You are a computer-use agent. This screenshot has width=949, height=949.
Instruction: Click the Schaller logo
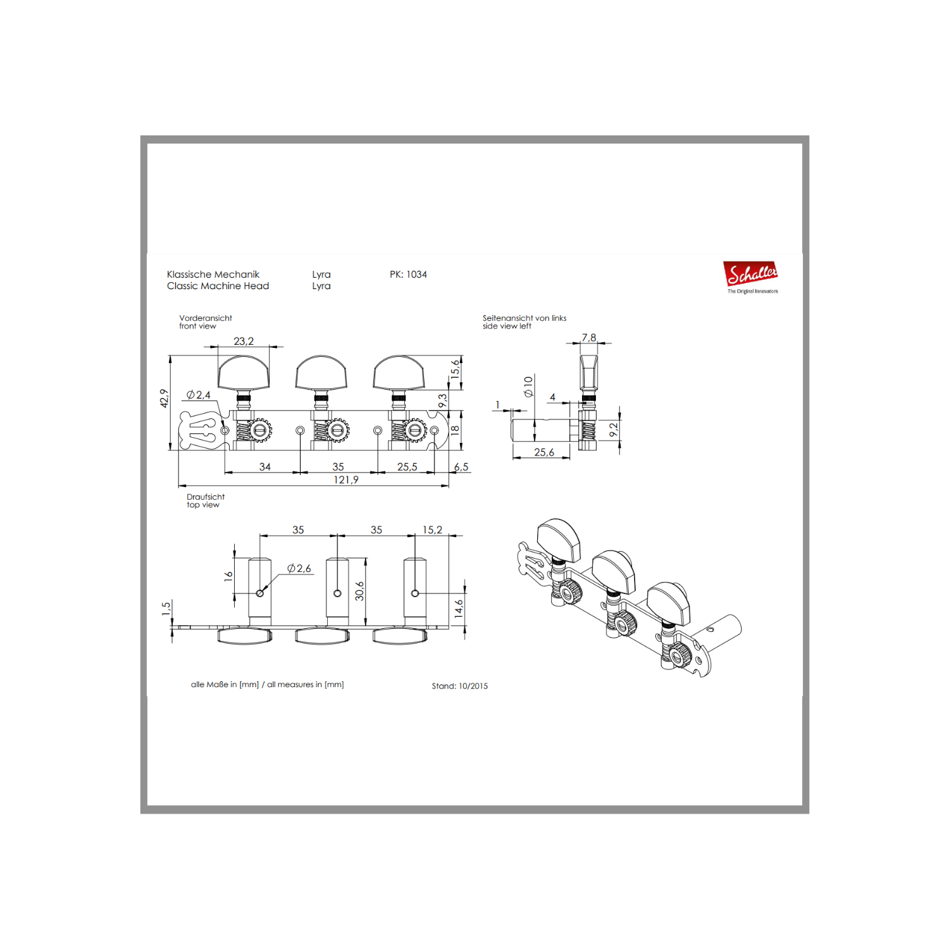[x=752, y=277]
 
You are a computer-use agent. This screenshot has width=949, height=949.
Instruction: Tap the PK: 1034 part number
[x=408, y=275]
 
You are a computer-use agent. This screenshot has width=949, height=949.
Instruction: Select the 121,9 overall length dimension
[x=346, y=480]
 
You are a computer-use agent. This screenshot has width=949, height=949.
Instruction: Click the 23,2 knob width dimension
[x=244, y=341]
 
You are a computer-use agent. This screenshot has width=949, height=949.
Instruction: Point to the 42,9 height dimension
[x=164, y=398]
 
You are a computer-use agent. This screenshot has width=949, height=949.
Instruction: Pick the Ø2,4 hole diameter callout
[x=199, y=395]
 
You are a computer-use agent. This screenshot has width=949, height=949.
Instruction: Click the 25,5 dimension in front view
[x=407, y=467]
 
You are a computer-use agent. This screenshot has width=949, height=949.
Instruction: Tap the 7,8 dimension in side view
[x=589, y=338]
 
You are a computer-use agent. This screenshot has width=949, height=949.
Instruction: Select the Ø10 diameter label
[x=528, y=386]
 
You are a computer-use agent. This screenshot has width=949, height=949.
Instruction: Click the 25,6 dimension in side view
[x=544, y=452]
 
